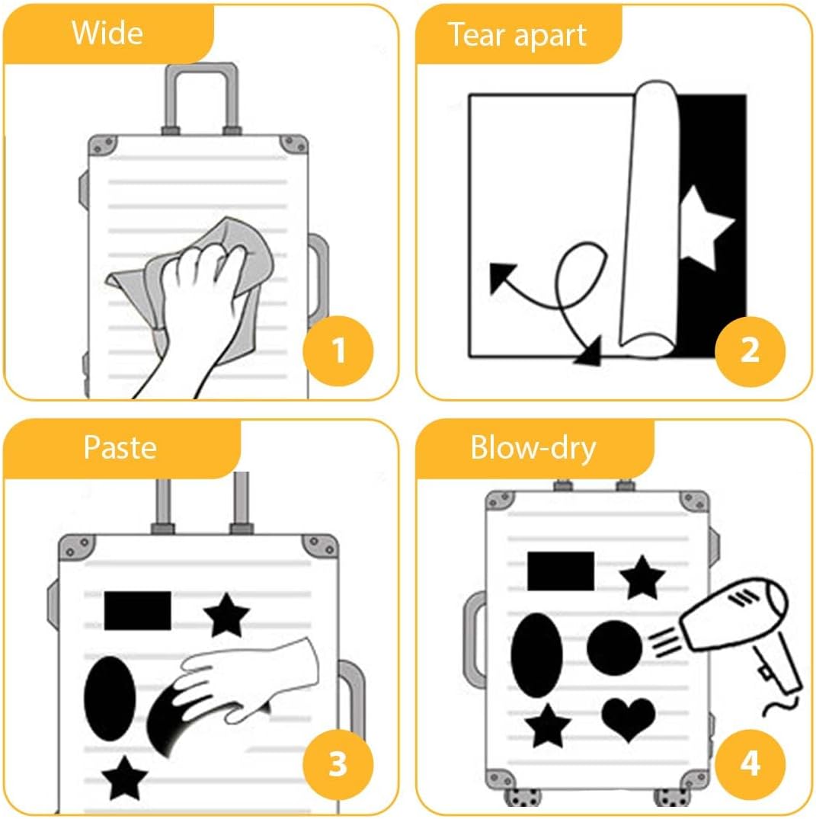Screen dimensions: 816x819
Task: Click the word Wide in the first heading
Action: [x=107, y=33]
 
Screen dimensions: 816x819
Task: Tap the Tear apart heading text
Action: [x=517, y=36]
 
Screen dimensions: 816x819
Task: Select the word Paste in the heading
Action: [x=120, y=448]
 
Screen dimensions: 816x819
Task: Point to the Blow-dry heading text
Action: [x=533, y=448]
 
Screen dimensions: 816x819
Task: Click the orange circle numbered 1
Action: [x=338, y=350]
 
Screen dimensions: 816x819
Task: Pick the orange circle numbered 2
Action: [x=750, y=350]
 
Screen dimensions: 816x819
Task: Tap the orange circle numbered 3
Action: [x=338, y=764]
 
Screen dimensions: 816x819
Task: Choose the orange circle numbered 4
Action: [x=750, y=764]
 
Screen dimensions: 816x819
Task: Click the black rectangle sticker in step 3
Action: [x=137, y=610]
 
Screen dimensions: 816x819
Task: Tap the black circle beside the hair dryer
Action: [x=614, y=648]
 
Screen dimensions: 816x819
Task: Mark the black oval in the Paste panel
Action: [x=110, y=699]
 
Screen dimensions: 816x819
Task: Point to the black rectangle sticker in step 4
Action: [x=561, y=571]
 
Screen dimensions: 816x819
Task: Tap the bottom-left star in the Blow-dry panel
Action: [x=548, y=726]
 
